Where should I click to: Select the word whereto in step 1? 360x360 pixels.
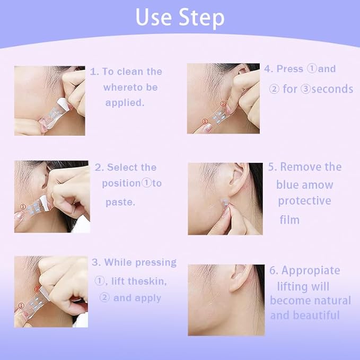coord(122,87)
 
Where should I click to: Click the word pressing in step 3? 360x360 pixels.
coord(155,262)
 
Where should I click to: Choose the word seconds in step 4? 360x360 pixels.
coord(332,89)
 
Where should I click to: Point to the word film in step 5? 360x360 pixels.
coord(289,219)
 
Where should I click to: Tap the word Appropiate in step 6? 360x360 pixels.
coord(310,270)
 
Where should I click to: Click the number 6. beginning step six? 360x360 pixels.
coord(274,270)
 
